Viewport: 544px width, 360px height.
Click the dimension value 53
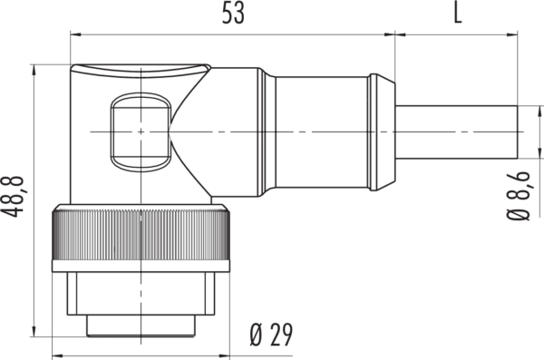point(233,14)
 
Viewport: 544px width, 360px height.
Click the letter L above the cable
point(458,14)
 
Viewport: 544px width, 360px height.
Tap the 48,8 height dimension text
point(13,197)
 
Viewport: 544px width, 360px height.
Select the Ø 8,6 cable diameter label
point(519,196)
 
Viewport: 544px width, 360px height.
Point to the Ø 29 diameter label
point(271,335)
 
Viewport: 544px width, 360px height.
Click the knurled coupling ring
point(141,235)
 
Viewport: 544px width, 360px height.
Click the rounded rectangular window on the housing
point(141,131)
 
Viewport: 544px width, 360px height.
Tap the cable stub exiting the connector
point(456,132)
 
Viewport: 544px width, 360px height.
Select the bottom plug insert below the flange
point(141,326)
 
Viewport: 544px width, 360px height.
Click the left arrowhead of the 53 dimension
point(75,34)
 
